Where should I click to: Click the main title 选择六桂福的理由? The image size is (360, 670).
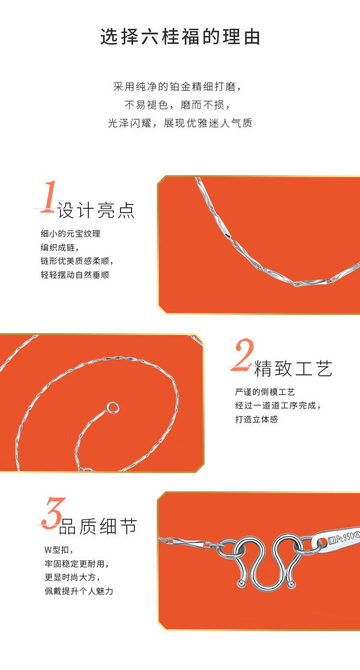180,37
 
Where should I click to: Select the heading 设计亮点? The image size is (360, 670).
96,210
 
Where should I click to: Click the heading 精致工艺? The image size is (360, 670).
293,369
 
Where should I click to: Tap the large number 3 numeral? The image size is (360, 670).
54,513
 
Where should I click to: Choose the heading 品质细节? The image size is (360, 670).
98,526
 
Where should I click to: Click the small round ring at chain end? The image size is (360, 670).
113,407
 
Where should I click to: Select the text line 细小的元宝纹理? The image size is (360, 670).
71,234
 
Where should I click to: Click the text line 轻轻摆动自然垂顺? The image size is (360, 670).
75,275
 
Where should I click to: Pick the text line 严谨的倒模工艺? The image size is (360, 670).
265,392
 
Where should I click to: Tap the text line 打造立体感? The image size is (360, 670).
256,419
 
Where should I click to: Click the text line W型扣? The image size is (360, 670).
59,550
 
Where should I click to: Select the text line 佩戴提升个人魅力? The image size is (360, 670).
79,591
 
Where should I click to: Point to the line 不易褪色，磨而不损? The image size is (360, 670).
178,105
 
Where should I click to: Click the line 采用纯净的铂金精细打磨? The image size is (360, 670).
178,87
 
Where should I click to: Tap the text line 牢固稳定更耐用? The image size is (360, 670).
76,564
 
